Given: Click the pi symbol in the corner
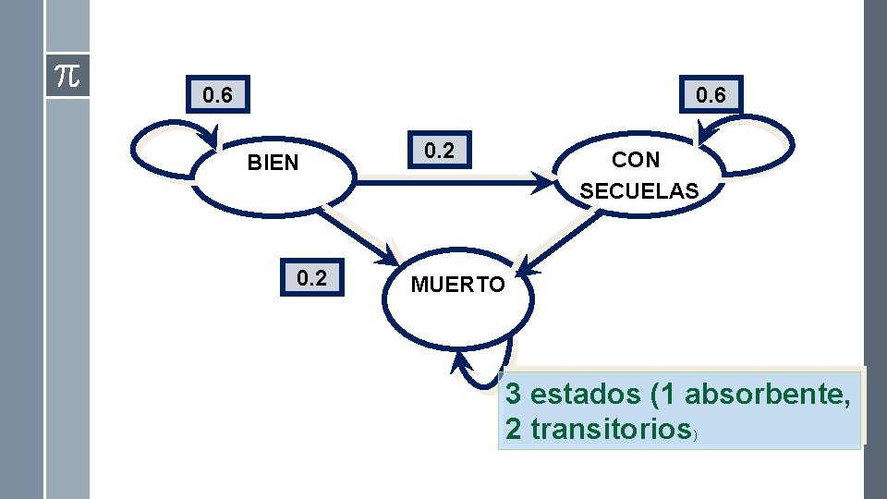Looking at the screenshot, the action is click(x=67, y=76).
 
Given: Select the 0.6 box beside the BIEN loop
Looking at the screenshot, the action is click(x=217, y=94).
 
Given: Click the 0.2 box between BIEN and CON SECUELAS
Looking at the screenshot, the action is click(x=439, y=151).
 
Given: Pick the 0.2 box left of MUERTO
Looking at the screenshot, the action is click(x=311, y=278).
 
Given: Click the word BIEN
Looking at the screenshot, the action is click(x=273, y=164).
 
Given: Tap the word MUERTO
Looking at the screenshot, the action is click(x=457, y=286).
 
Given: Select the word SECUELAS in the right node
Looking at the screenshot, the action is click(x=638, y=191).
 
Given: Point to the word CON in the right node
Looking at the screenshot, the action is click(x=636, y=160).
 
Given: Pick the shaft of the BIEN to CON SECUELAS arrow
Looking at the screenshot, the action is click(x=443, y=183).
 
